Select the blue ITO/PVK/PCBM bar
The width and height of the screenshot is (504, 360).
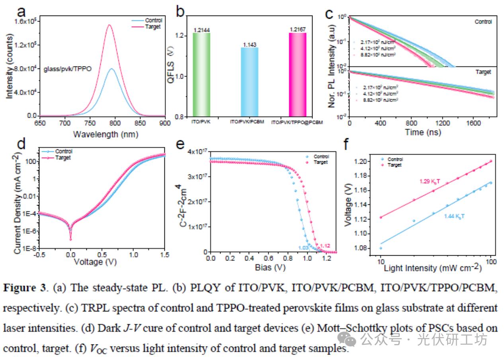(x=249, y=82)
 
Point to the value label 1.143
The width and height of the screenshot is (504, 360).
(x=249, y=44)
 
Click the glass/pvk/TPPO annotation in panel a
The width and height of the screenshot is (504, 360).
(x=67, y=69)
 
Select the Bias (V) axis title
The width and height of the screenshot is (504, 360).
(x=270, y=267)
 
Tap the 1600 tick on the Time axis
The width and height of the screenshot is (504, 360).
(x=473, y=123)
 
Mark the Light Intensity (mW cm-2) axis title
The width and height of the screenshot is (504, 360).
(x=432, y=268)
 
